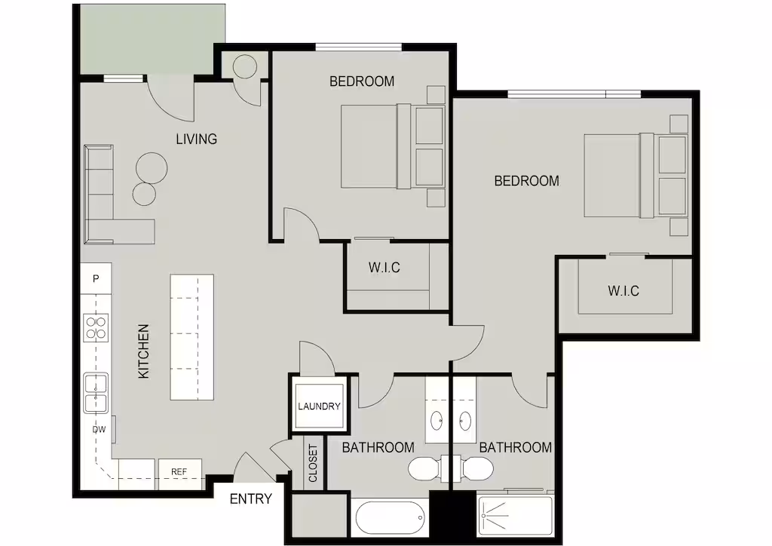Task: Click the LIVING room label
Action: [x=197, y=139]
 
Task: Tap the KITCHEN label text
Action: [x=143, y=351]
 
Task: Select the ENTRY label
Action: [x=250, y=499]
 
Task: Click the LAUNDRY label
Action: [x=319, y=406]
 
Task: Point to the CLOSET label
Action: [x=313, y=463]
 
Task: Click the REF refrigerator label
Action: [x=179, y=471]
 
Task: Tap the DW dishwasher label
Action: [x=99, y=429]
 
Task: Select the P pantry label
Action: [x=96, y=279]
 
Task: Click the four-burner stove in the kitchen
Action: [x=96, y=328]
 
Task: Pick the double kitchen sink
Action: [x=96, y=393]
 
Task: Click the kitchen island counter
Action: [x=192, y=337]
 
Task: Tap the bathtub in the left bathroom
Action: [x=390, y=518]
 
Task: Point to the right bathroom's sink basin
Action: [x=464, y=421]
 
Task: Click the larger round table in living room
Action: [x=152, y=168]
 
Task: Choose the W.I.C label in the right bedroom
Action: [x=623, y=291]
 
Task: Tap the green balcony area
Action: [x=152, y=39]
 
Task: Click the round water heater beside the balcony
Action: [x=245, y=66]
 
